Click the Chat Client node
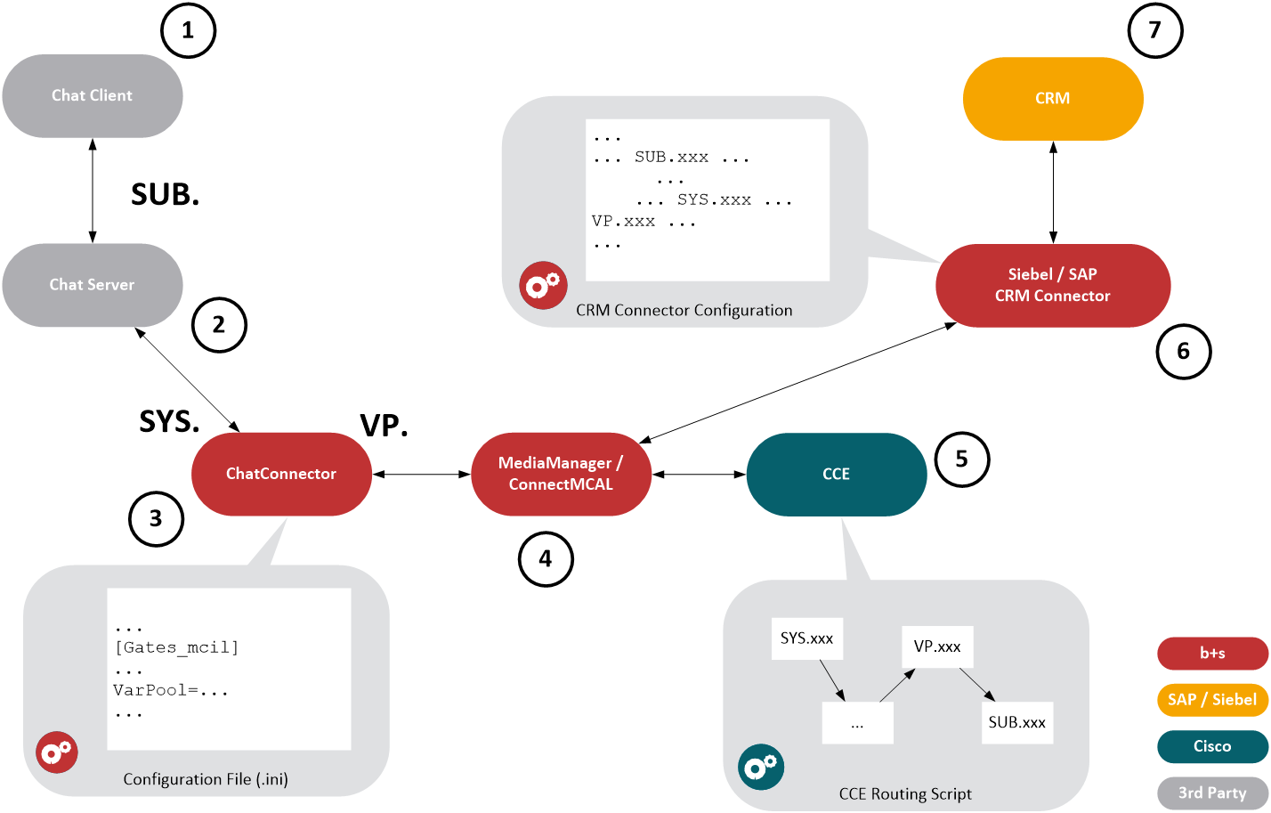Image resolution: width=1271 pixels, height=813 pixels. coord(93,96)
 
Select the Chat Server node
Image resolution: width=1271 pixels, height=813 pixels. coord(93,285)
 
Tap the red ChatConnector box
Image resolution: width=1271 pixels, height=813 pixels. coord(281,474)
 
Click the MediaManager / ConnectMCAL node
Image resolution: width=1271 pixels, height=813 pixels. coord(561,474)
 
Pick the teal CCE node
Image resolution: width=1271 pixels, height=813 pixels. coord(836,474)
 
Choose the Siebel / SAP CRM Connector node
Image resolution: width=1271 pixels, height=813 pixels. coord(1052,285)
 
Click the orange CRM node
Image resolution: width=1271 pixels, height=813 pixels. coord(1052,99)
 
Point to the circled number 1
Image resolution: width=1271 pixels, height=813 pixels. coord(188,31)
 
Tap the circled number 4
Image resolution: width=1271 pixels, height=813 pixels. coord(546,559)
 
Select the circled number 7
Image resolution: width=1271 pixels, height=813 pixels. coord(1154,31)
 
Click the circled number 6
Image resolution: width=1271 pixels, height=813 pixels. coord(1183,352)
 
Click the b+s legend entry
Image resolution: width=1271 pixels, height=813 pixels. coord(1212,654)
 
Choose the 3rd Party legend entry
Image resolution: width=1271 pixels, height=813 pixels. coord(1212,793)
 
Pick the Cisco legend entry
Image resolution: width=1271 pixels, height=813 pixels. coord(1212,746)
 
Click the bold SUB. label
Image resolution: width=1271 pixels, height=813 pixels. coord(166,195)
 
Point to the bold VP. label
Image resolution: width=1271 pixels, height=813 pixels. coord(384,427)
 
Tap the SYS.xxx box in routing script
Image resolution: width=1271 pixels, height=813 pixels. coord(806,638)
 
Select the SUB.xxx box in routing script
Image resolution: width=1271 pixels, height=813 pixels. coord(1016,722)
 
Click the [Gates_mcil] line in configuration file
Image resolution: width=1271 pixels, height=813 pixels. coord(177,647)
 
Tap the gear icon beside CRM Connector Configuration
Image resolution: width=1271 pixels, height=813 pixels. coord(543,286)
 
